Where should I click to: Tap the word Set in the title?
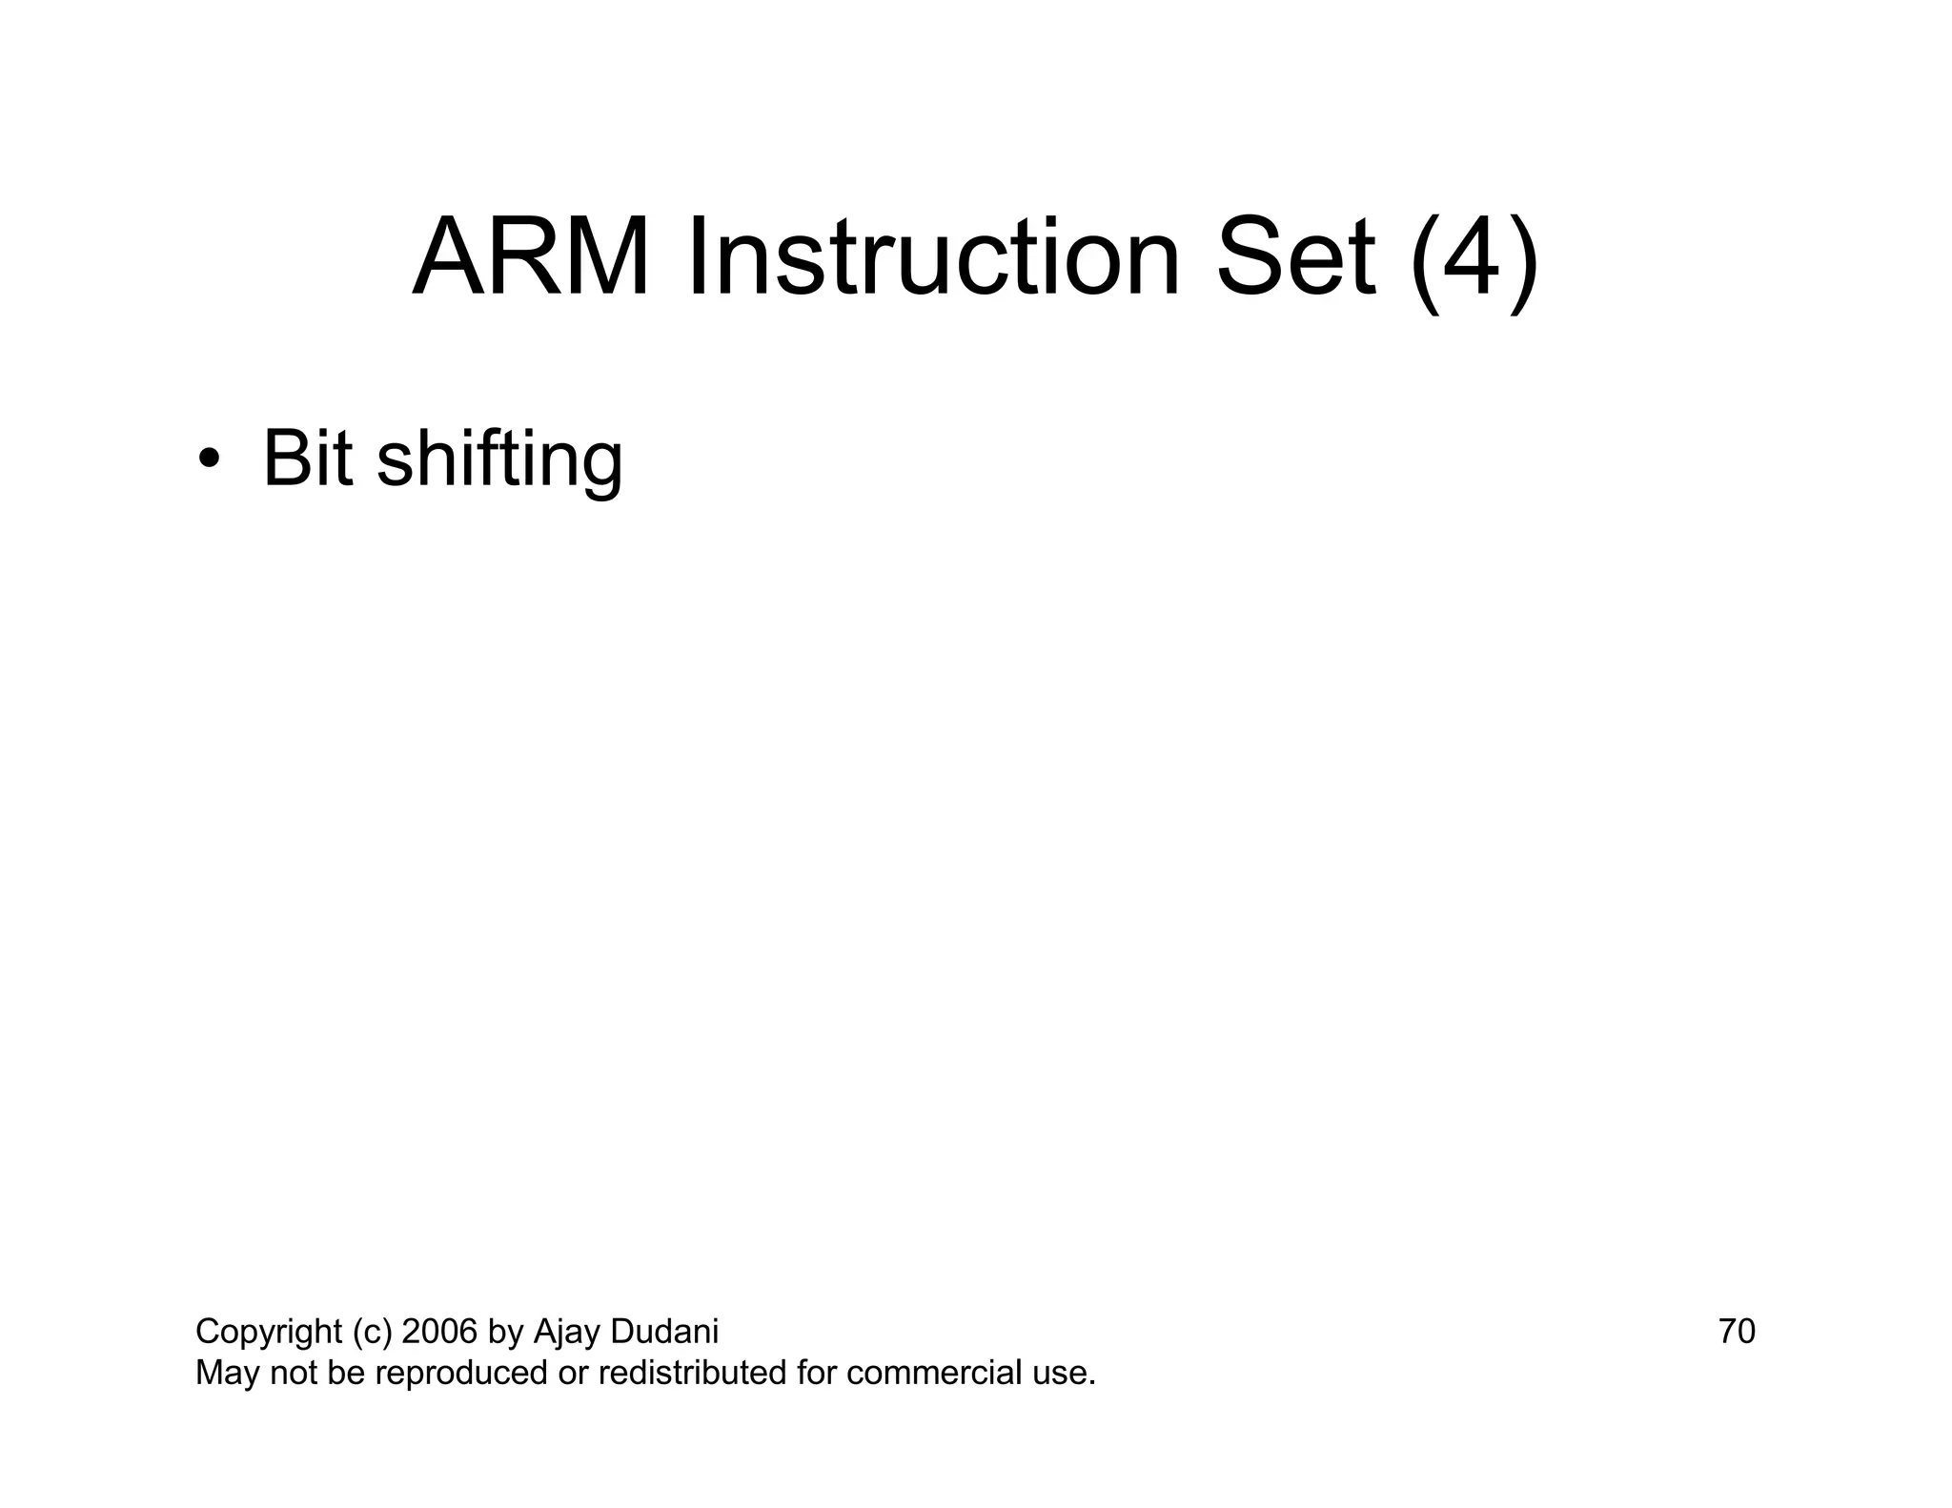click(x=1295, y=257)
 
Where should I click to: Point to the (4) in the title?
click(x=1474, y=259)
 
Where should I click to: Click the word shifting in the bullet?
click(x=499, y=461)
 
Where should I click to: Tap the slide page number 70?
click(x=1737, y=1331)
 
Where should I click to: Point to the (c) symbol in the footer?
click(x=372, y=1332)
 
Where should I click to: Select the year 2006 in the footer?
click(x=439, y=1331)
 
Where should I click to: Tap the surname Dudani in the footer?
click(x=664, y=1331)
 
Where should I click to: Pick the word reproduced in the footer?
click(x=457, y=1374)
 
